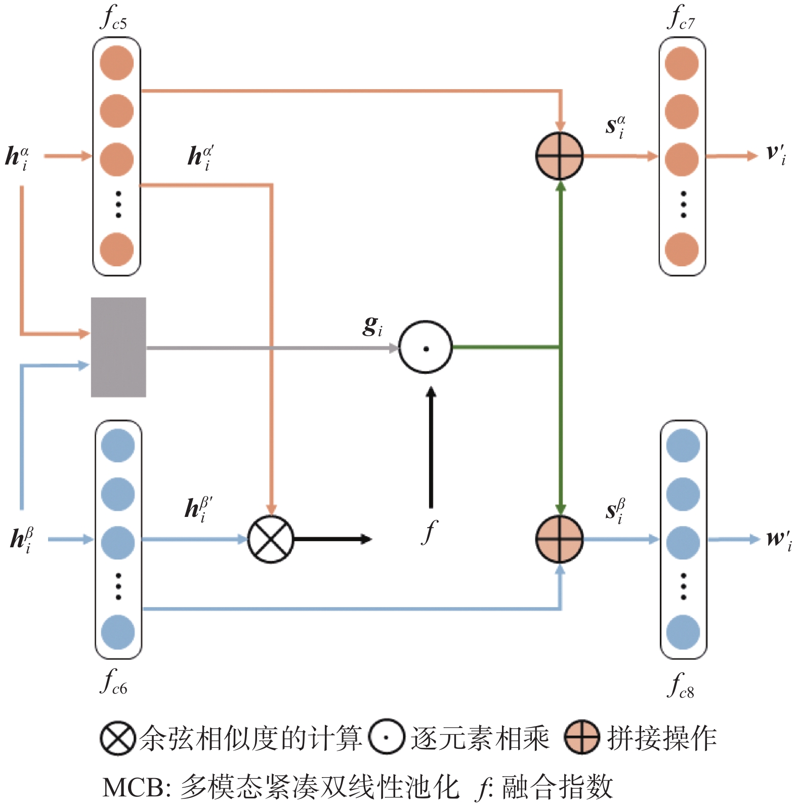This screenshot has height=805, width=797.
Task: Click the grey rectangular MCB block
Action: (118, 347)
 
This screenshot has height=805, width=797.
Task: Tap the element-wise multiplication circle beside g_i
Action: (425, 347)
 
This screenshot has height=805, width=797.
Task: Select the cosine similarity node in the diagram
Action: (271, 539)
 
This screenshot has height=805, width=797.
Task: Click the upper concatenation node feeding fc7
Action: (559, 156)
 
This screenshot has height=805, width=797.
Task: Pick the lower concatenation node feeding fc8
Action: (559, 539)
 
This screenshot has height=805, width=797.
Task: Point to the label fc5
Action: (114, 18)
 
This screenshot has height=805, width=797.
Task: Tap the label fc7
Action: (681, 18)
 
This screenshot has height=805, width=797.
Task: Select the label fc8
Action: (681, 687)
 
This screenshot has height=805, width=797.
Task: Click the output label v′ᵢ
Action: (776, 154)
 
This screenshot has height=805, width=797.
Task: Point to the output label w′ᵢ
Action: (778, 539)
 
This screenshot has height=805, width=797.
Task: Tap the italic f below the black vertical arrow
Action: (429, 532)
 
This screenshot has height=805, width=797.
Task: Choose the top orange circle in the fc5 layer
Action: (117, 63)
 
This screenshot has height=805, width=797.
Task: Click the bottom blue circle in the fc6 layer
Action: (118, 632)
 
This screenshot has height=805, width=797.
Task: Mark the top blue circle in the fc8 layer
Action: (683, 446)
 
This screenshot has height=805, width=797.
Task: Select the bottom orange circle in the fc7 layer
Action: (682, 250)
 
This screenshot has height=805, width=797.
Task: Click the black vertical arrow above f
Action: (431, 448)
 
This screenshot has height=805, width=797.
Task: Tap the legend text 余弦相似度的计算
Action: (250, 738)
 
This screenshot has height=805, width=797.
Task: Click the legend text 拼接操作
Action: (662, 738)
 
